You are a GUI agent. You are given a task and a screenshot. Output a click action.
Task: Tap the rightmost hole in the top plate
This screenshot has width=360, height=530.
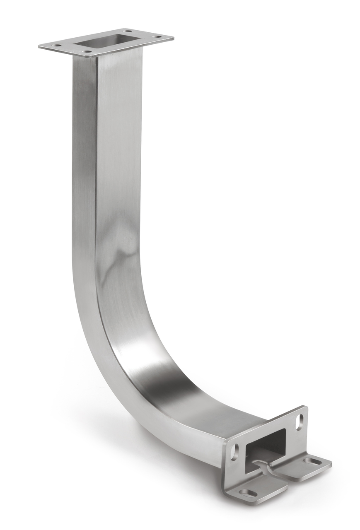pos(157,37)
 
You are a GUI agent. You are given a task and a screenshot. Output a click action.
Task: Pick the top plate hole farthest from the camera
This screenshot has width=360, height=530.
pos(127,31)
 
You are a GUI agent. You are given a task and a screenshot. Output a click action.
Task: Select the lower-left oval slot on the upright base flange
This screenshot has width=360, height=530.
pos(234,452)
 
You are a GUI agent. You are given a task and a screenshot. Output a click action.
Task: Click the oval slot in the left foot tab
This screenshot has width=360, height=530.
pos(249,492)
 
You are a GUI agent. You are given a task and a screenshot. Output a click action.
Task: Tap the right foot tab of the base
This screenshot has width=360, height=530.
pos(307,464)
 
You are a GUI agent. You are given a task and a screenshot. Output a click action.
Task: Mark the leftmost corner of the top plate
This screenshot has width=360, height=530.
pos(39,46)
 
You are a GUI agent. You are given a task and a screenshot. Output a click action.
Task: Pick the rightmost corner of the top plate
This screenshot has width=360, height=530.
pos(173,38)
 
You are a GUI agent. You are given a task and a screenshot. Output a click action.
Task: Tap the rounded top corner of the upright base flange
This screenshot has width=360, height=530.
pos(304,408)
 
